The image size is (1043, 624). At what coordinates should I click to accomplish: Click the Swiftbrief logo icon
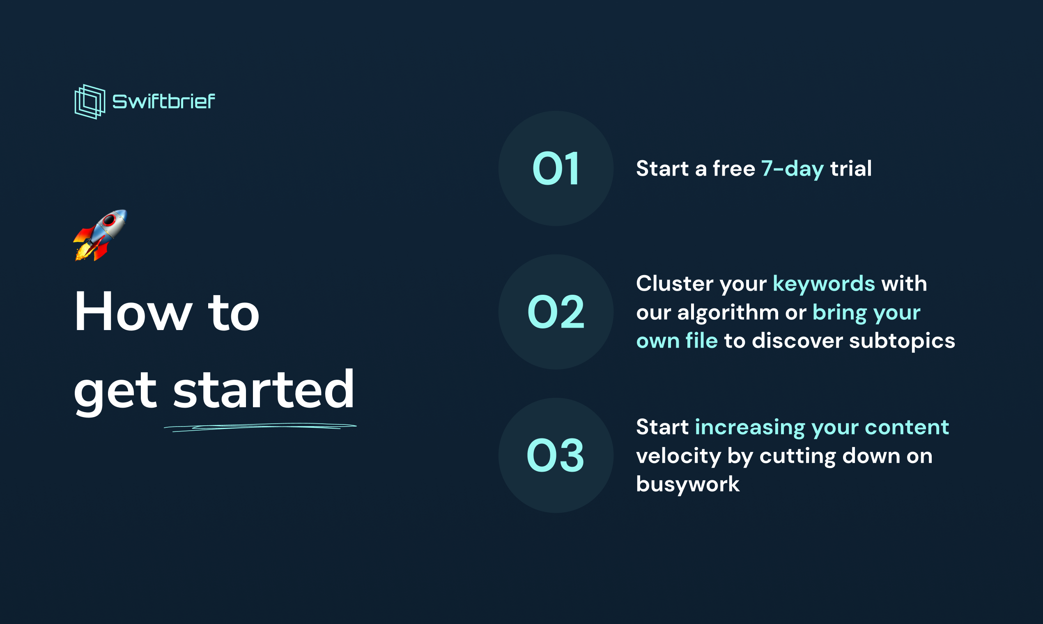tap(90, 102)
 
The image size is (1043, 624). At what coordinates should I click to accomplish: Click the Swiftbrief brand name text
tap(163, 101)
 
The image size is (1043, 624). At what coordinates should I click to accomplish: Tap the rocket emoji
tap(100, 235)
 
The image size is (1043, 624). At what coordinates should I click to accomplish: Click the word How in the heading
tap(133, 312)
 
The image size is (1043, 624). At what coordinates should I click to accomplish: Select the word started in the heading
tap(264, 389)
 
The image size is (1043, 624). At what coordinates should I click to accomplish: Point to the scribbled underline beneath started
tap(260, 427)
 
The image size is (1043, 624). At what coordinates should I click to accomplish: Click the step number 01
tap(556, 169)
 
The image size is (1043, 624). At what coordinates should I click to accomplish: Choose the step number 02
tap(556, 312)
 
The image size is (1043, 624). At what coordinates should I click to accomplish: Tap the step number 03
tap(556, 455)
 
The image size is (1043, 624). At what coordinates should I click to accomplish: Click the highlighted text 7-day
tap(793, 169)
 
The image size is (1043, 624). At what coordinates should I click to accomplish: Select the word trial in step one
tap(851, 169)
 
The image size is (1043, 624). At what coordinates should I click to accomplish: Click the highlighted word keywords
tap(824, 283)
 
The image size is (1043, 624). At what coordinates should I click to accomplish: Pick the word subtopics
tap(902, 341)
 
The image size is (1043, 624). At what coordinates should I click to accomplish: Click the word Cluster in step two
tap(675, 283)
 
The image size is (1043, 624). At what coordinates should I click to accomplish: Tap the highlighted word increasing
tap(750, 427)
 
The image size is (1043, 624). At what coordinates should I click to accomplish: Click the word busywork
tap(688, 484)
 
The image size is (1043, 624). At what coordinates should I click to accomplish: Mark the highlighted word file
tap(701, 341)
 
